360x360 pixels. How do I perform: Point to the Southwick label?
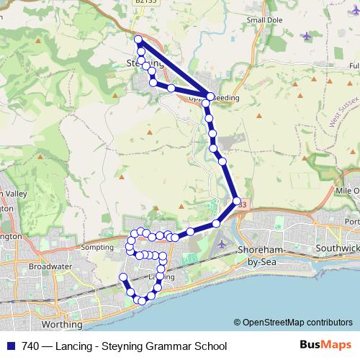[x=337, y=248]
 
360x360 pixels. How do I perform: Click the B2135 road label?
[x=144, y=3]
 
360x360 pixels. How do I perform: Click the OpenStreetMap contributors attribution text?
[x=292, y=323]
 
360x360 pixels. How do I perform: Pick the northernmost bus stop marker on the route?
[x=138, y=39]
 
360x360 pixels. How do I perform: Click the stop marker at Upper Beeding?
[x=210, y=96]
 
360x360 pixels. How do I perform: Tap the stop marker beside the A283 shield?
[x=235, y=201]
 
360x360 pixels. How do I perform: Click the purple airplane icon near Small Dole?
[x=308, y=35]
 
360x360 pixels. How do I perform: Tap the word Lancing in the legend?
[x=81, y=346]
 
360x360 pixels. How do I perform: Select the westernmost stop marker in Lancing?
[x=122, y=277]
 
